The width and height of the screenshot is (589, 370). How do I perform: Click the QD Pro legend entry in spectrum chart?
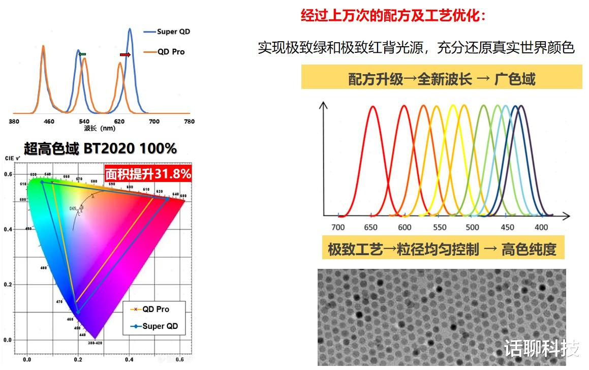tap(171, 52)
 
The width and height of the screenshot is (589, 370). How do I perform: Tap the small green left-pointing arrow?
tap(82, 54)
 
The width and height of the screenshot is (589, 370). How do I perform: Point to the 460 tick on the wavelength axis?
tap(49, 121)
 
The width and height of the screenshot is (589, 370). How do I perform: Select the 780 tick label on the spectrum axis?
tap(189, 121)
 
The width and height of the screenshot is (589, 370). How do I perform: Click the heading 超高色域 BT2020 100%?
tap(100, 148)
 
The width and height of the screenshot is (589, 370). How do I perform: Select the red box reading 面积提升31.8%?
tap(148, 174)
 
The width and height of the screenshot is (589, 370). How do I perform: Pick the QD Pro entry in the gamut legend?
tap(156, 310)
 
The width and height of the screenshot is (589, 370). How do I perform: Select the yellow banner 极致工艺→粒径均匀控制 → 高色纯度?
tap(442, 249)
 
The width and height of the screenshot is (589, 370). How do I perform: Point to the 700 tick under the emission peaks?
tap(338, 227)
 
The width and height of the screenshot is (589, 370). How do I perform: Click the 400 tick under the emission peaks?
tap(542, 227)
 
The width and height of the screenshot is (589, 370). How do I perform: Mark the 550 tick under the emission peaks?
tap(440, 227)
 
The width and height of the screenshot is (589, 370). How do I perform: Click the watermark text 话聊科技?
tap(541, 349)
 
